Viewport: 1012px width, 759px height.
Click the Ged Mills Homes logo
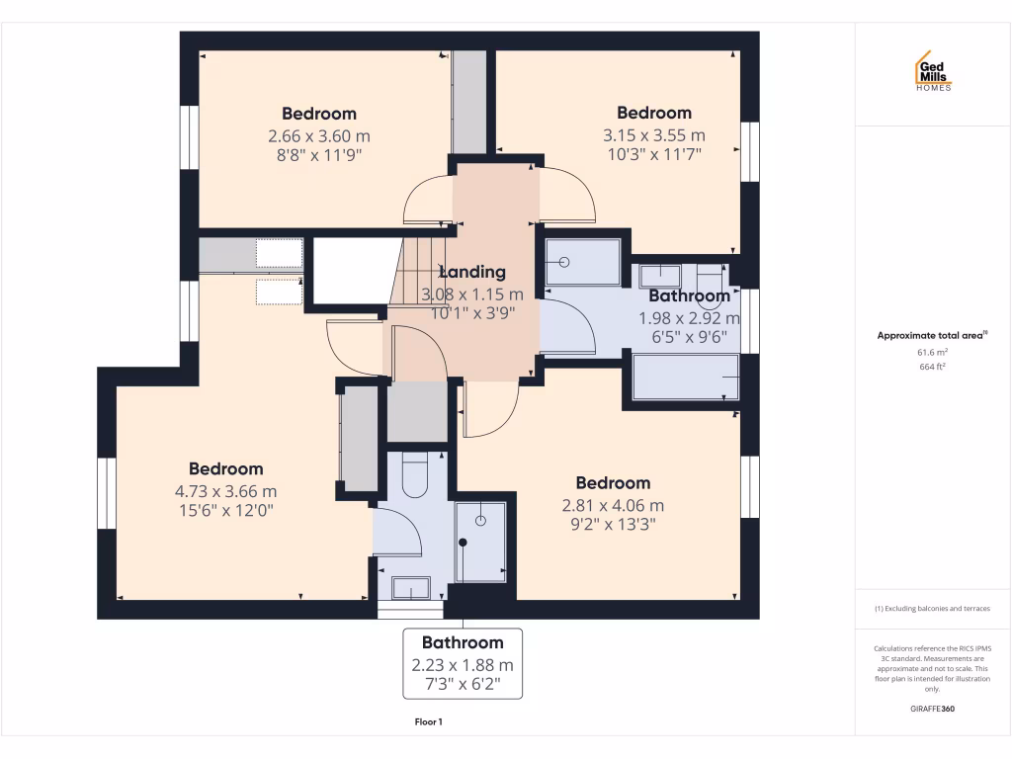coord(932,71)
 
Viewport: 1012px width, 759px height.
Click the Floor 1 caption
coord(428,721)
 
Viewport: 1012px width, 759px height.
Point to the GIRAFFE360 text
coord(932,709)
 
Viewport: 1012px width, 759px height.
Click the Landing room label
coord(471,272)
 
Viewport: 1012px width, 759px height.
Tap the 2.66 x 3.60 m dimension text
coord(318,135)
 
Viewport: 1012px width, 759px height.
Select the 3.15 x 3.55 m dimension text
coord(653,135)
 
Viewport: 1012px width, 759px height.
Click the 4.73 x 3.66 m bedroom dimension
coord(225,490)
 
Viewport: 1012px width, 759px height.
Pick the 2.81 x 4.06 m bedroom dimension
coord(613,505)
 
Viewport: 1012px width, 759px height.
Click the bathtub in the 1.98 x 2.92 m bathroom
coord(685,378)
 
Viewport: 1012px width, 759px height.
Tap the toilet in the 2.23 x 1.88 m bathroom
coord(414,476)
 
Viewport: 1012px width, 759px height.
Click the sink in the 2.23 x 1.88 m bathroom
coord(410,588)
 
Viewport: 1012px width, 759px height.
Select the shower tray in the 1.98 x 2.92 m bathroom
coord(582,263)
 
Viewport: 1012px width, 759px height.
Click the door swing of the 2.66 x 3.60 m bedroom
coord(428,200)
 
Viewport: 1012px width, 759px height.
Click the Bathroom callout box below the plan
coord(463,664)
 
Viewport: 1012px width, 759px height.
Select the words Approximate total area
coord(930,336)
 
